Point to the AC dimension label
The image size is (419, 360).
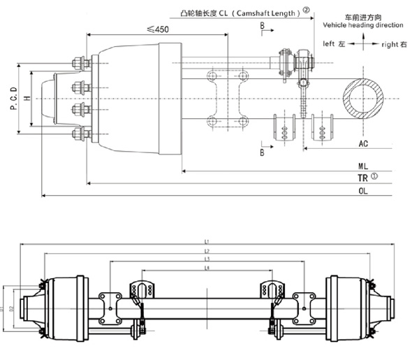tap(363, 143)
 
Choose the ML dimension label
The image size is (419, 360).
tap(363, 167)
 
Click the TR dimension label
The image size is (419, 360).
tap(362, 178)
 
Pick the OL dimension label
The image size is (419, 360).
tap(363, 189)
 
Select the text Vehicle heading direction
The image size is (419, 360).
tap(363, 25)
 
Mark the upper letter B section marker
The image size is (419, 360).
tap(261, 26)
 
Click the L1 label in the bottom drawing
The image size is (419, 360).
tap(207, 241)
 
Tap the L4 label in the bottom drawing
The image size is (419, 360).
tap(207, 268)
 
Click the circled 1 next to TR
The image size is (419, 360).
tap(374, 176)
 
